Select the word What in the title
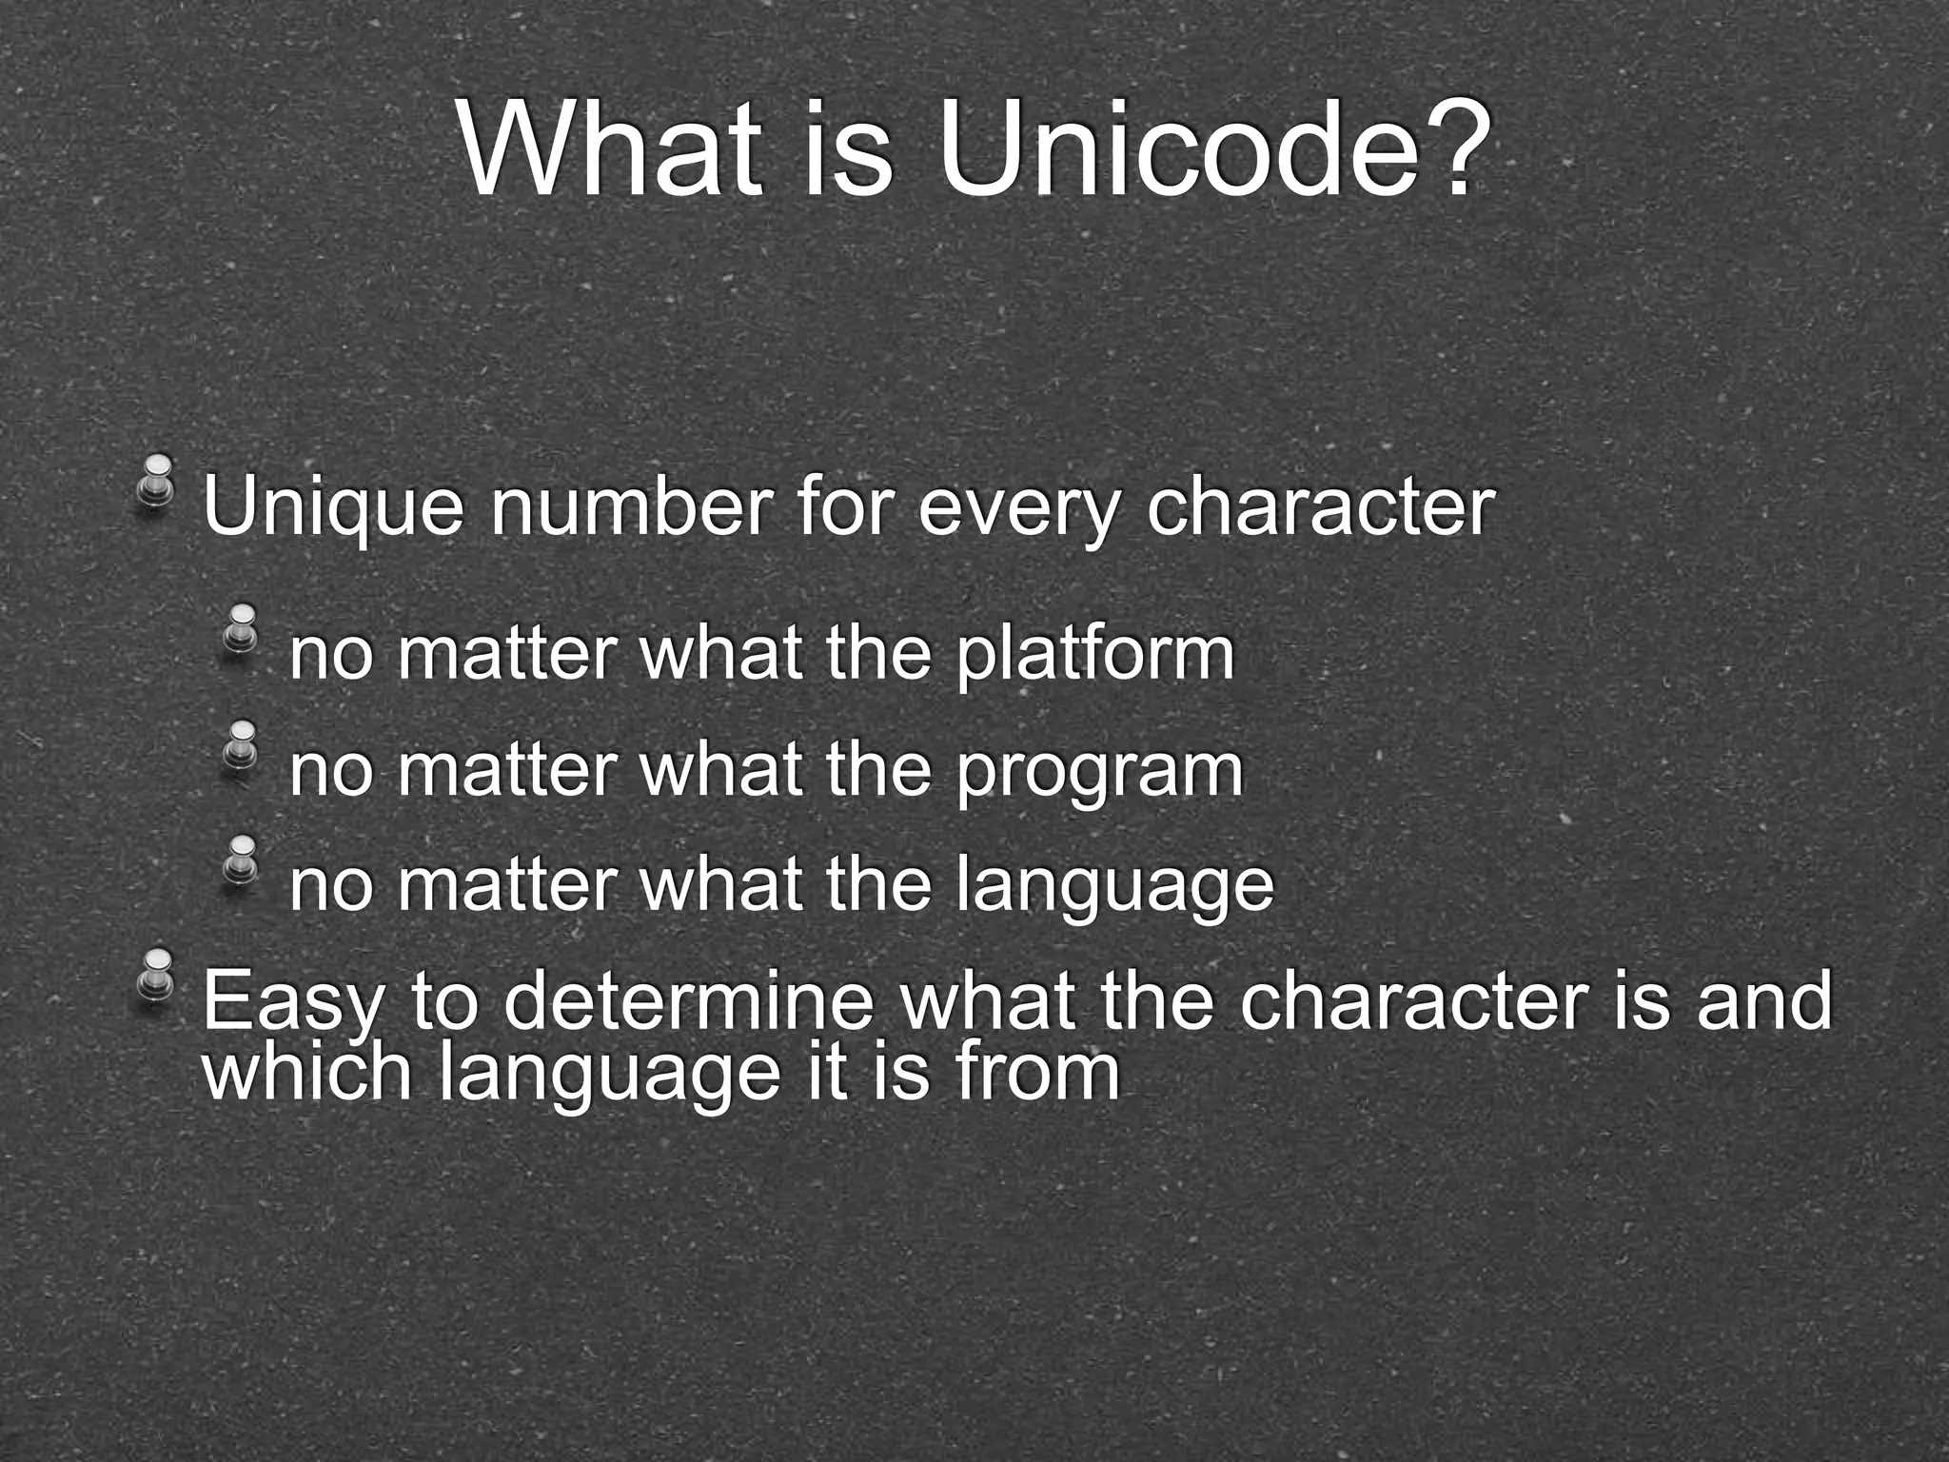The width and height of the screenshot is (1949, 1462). point(610,149)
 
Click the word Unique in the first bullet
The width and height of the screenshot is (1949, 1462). point(333,509)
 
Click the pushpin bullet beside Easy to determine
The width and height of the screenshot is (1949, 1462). point(156,972)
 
